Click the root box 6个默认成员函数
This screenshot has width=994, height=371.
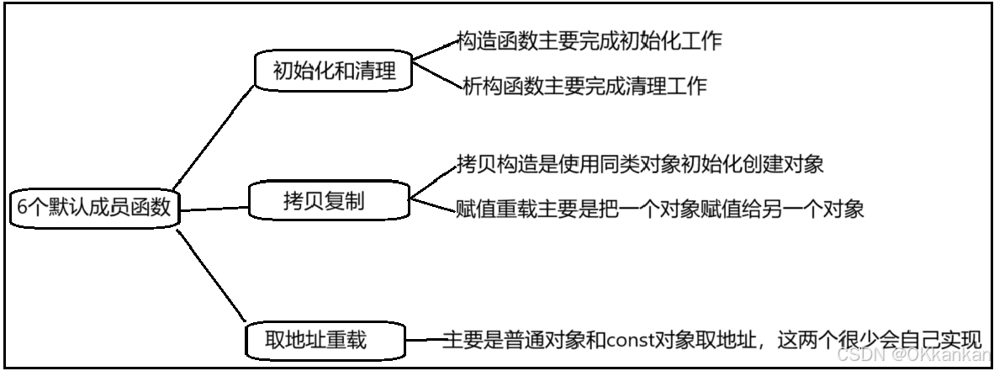[93, 207]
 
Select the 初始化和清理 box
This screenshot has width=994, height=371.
[334, 72]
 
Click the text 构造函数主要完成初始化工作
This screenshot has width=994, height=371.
[589, 40]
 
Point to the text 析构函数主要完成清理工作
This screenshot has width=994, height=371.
[584, 85]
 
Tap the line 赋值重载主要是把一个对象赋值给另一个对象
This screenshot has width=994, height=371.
[659, 208]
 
